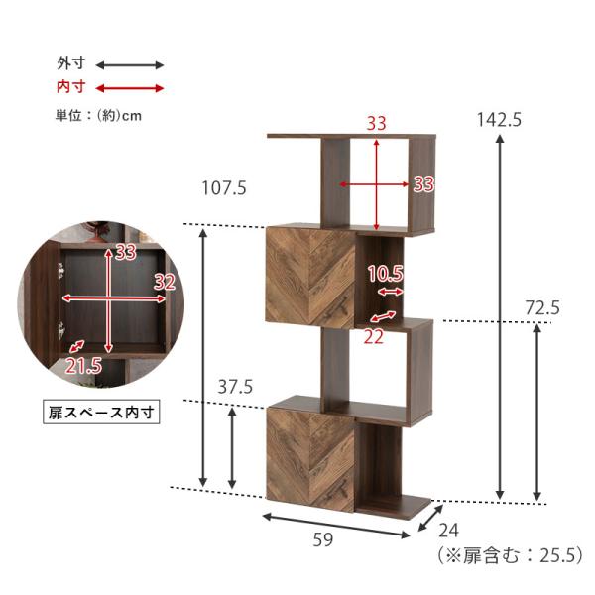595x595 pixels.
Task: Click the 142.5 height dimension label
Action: coord(500,119)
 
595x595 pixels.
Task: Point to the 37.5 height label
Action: coord(236,387)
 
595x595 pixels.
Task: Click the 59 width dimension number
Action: coord(322,540)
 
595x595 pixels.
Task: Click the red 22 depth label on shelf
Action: coord(374,336)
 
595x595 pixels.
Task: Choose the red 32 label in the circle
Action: coord(164,282)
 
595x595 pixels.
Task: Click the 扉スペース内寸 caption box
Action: coord(102,409)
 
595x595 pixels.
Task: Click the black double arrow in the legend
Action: coord(128,64)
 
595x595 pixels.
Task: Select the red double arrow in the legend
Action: coord(128,87)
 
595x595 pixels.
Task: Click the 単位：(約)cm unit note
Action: coord(98,115)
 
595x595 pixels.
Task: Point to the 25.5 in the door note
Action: coord(559,555)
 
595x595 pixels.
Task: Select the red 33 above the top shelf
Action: coord(376,124)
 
